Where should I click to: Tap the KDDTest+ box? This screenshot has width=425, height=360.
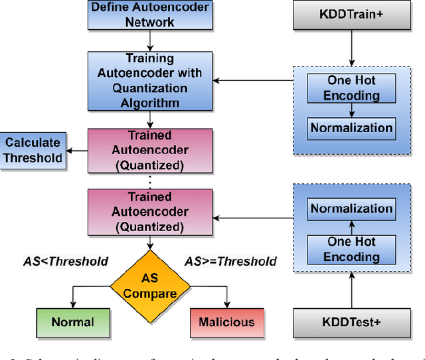click(x=351, y=323)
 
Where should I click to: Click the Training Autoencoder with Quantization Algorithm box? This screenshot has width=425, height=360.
click(x=150, y=81)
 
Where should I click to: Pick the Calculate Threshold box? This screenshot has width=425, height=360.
click(x=33, y=150)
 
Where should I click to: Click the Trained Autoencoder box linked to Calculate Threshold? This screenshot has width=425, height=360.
click(x=150, y=150)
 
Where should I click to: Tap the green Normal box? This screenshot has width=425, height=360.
click(x=73, y=323)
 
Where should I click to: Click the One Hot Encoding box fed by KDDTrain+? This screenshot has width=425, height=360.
click(x=352, y=88)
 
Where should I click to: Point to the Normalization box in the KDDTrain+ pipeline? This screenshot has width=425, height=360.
click(x=352, y=128)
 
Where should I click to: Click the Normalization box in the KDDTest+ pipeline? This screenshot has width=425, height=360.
click(x=352, y=209)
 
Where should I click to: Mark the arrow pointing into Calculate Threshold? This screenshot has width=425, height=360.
click(x=77, y=150)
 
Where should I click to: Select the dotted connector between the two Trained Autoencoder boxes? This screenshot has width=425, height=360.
click(x=150, y=179)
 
